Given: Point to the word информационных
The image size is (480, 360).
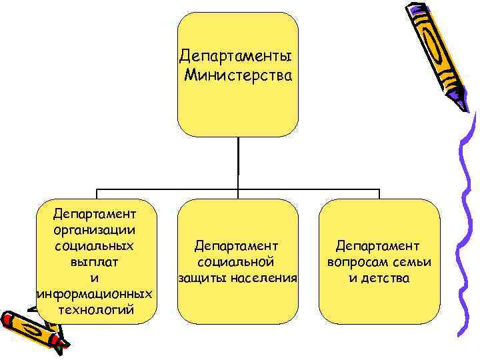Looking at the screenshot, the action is [x=95, y=294].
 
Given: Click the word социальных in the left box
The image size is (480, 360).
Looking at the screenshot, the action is [x=95, y=245].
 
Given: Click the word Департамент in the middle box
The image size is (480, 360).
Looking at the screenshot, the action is [x=237, y=246].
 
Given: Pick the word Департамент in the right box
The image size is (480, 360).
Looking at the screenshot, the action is [x=378, y=246].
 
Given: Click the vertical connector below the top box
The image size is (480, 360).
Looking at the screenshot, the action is [x=238, y=163].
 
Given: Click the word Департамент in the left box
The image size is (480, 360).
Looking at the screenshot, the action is [x=95, y=213].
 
